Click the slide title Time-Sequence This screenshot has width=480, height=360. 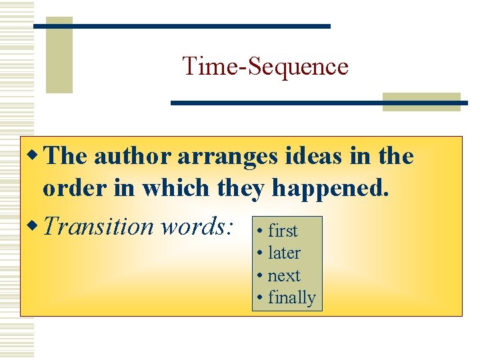[x=265, y=67]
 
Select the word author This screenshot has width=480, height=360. [x=132, y=157]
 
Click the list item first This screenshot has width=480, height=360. [x=282, y=231]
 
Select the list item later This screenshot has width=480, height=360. [x=283, y=253]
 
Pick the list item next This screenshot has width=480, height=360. [x=283, y=276]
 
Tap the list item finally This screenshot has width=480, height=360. [x=291, y=298]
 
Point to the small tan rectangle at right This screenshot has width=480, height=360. [x=421, y=101]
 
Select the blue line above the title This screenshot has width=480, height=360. [x=181, y=26]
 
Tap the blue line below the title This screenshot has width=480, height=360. [x=319, y=103]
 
